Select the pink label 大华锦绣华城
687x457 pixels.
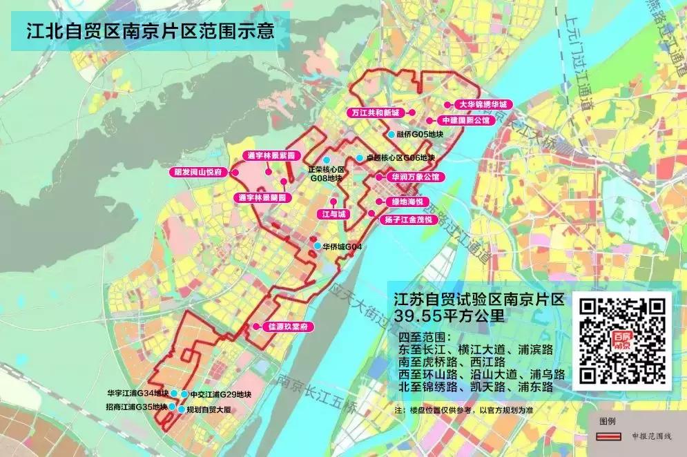(483, 104)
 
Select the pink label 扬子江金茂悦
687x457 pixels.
(409, 220)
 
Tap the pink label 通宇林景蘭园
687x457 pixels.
(262, 197)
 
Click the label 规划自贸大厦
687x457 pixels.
(209, 409)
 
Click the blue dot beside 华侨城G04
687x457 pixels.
(317, 246)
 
